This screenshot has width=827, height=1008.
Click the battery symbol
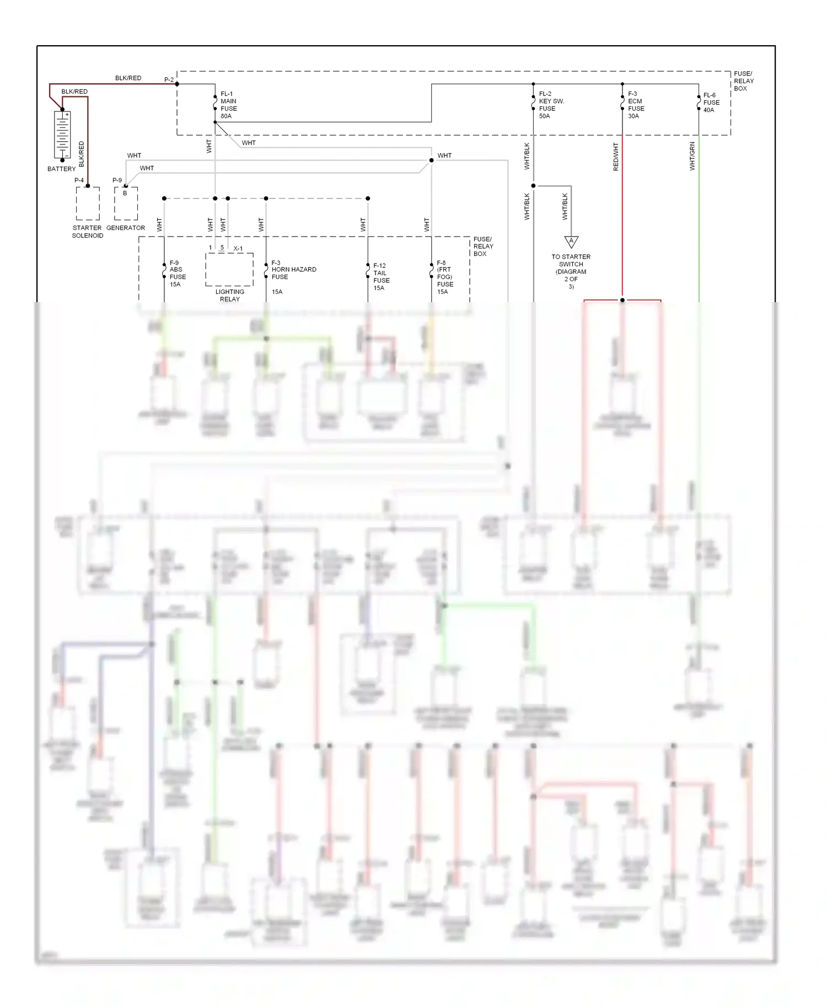[62, 135]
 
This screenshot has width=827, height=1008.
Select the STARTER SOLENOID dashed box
[88, 203]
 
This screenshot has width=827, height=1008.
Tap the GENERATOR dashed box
[126, 203]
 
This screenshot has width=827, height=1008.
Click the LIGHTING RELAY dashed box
[229, 269]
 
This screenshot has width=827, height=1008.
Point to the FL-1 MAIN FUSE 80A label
[229, 105]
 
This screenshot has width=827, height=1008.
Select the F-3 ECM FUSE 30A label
[636, 105]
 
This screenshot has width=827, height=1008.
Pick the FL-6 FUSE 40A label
[711, 103]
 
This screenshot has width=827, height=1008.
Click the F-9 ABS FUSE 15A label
[177, 274]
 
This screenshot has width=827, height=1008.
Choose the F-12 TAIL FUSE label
[381, 277]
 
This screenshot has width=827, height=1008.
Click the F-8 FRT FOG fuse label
[445, 277]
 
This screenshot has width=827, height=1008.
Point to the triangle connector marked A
[571, 242]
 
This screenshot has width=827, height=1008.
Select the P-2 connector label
[169, 80]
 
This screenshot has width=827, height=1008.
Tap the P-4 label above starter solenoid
[79, 180]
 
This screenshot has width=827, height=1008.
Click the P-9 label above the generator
[117, 180]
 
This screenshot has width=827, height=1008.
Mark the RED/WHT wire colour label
[616, 157]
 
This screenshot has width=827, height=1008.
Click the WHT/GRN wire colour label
[692, 156]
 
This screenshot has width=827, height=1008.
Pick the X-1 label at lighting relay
[238, 249]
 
